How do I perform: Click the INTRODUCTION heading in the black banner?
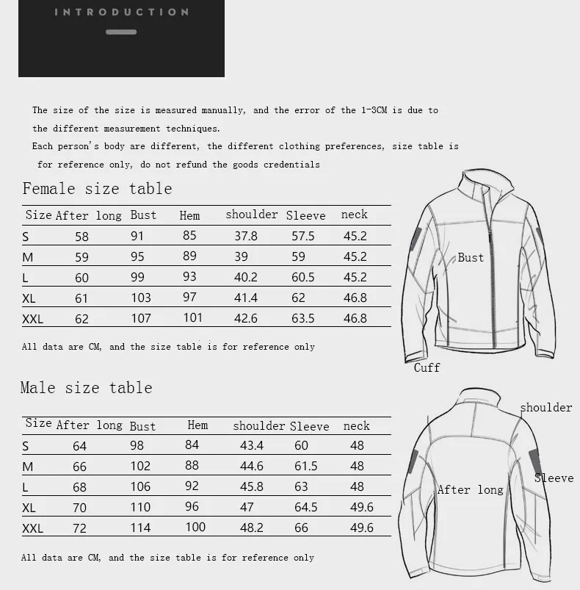pyautogui.click(x=121, y=12)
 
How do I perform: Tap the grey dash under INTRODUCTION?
pyautogui.click(x=121, y=32)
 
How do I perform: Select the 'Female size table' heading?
pyautogui.click(x=97, y=189)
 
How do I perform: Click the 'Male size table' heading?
pyautogui.click(x=86, y=388)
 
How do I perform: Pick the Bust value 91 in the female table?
pyautogui.click(x=137, y=237)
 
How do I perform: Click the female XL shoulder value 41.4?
pyautogui.click(x=246, y=298)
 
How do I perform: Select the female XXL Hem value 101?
pyautogui.click(x=192, y=318)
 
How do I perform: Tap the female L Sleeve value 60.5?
pyautogui.click(x=303, y=277)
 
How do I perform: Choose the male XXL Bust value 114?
pyautogui.click(x=140, y=528)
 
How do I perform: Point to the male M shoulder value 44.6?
pyautogui.click(x=251, y=466)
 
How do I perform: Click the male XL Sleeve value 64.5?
pyautogui.click(x=305, y=507)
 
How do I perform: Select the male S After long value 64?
pyautogui.click(x=79, y=446)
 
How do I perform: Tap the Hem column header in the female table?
pyautogui.click(x=189, y=215)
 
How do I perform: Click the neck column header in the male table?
pyautogui.click(x=357, y=426)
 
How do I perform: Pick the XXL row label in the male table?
pyautogui.click(x=33, y=528)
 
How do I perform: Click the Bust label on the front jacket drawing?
pyautogui.click(x=471, y=257)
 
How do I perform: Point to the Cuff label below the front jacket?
pyautogui.click(x=427, y=367)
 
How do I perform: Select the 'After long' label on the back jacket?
pyautogui.click(x=470, y=490)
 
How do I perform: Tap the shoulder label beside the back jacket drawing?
pyautogui.click(x=545, y=407)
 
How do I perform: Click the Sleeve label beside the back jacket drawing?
pyautogui.click(x=554, y=478)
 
